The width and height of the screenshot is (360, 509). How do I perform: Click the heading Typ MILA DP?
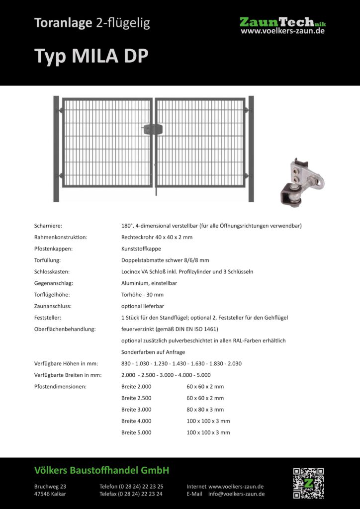[x=91, y=56]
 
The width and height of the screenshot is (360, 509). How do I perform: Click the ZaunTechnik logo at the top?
[x=282, y=25]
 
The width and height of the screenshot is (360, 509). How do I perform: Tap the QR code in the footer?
[x=308, y=483]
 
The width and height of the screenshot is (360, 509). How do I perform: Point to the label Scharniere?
[x=48, y=226]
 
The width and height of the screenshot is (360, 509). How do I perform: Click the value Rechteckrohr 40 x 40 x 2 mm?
[x=157, y=237]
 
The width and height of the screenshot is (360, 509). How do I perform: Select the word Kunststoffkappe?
[x=141, y=249]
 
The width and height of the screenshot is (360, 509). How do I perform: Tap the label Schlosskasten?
[x=52, y=271]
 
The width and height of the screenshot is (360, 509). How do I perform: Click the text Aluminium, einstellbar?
[x=149, y=283]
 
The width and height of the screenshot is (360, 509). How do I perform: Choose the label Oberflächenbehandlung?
[x=65, y=329]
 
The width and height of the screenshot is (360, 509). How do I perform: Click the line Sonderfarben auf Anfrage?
[x=153, y=352]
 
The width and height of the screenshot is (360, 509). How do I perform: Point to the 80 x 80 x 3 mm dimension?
[x=205, y=410]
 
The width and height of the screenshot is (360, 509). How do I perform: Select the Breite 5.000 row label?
[x=136, y=432]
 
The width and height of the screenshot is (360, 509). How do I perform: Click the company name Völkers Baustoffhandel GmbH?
[x=102, y=470]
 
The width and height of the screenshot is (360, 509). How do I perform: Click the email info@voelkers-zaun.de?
[x=236, y=494]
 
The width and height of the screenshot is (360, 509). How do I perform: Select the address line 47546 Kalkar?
[x=50, y=494]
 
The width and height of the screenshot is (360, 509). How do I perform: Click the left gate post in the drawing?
[x=56, y=149]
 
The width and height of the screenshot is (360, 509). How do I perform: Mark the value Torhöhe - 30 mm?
[x=142, y=294]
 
